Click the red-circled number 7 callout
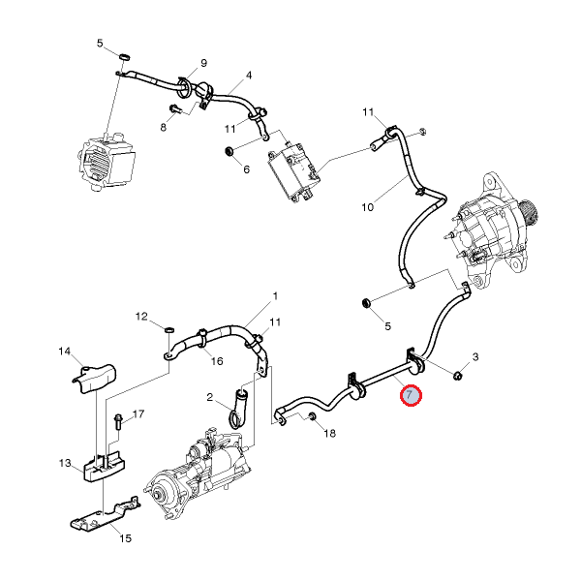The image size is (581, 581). click(x=411, y=395)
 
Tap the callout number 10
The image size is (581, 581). click(x=368, y=206)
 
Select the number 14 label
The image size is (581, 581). click(x=65, y=351)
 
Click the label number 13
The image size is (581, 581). click(x=65, y=465)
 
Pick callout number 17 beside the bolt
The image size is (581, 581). click(x=138, y=414)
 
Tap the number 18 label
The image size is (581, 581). click(x=329, y=434)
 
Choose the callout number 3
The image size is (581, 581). click(x=475, y=358)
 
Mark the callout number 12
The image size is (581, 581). click(x=141, y=317)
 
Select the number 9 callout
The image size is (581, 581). click(x=203, y=64)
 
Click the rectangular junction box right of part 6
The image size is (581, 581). click(x=295, y=169)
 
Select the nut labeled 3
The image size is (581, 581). click(x=458, y=374)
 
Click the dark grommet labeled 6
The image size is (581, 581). click(x=230, y=151)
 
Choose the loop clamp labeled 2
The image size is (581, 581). click(x=237, y=408)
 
